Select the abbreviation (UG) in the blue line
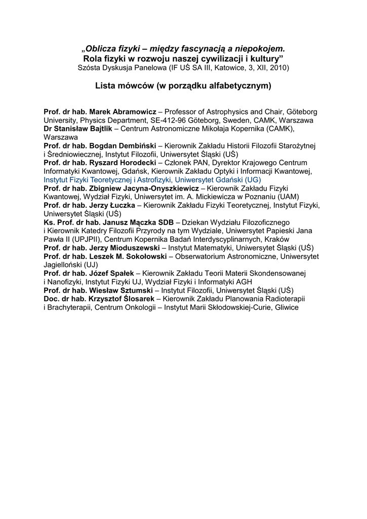(x=253, y=179)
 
